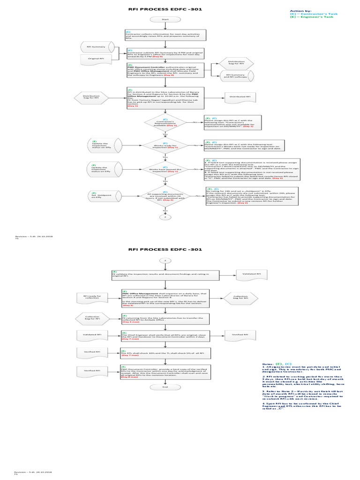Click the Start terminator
[x=165, y=19]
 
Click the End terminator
[x=165, y=387]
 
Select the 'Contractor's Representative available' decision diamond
[x=165, y=123]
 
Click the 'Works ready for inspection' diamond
[x=165, y=145]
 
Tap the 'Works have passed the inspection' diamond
[x=165, y=171]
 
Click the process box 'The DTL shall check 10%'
[x=165, y=352]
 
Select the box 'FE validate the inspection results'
[x=165, y=275]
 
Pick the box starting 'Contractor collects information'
[x=165, y=34]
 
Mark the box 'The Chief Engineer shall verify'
[x=165, y=336]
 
